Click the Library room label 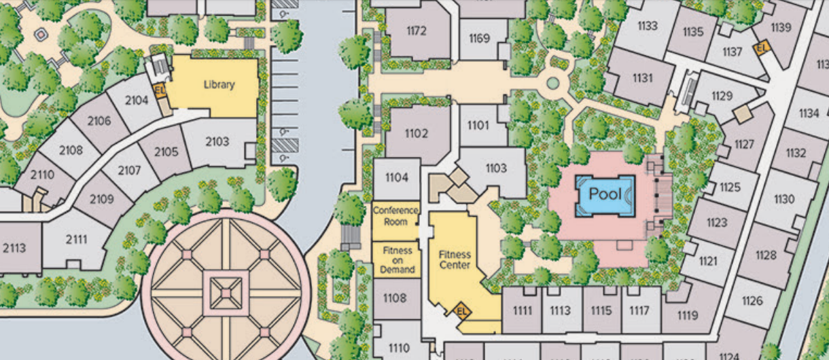pos(219,85)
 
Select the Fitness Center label pos(455,259)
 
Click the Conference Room pos(395,216)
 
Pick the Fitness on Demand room pos(397,260)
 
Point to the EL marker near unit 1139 pos(761,48)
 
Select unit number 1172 pos(416,31)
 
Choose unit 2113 pos(14,248)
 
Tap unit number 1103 pos(495,168)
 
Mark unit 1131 pos(642,78)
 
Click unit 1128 pos(766,255)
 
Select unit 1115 pos(601,310)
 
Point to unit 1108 pos(395,298)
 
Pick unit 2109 pos(101,199)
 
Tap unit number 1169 pos(479,39)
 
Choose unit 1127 pos(745,145)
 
